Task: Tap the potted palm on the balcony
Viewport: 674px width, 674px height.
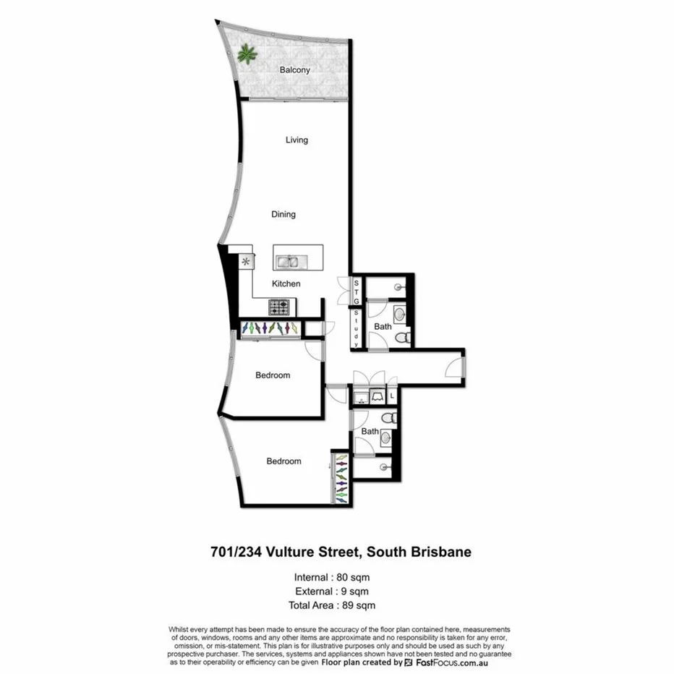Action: point(247,53)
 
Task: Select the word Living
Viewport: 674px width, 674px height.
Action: point(297,140)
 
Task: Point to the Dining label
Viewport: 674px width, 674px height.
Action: point(283,214)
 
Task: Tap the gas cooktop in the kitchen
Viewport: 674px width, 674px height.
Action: point(279,307)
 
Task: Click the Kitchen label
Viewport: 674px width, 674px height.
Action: point(286,283)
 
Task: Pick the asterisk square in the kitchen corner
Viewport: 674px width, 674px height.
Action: point(245,261)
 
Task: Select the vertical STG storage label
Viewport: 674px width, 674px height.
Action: point(356,291)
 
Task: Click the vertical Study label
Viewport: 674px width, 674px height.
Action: point(356,328)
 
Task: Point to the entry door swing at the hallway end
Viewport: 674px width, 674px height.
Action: point(453,367)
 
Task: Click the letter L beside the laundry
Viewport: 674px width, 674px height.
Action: point(392,396)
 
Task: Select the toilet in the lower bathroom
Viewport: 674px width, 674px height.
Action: point(388,418)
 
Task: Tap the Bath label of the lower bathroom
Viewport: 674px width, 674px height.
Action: point(370,432)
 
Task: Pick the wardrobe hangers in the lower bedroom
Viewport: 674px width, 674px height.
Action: point(341,477)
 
